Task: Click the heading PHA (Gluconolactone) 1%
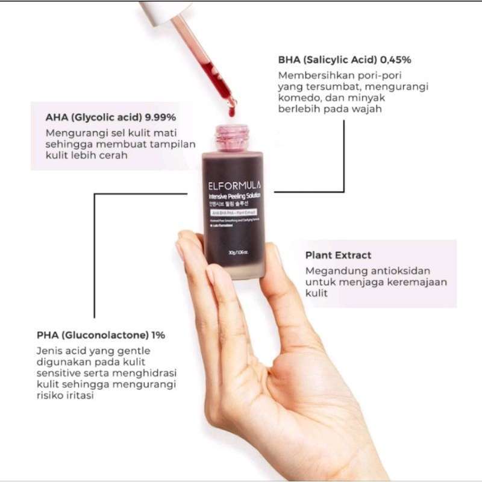(101, 334)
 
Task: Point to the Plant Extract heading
(338, 255)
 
